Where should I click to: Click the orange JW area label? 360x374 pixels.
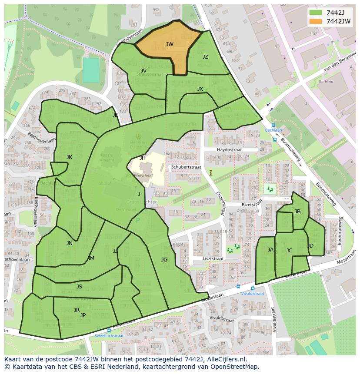170,44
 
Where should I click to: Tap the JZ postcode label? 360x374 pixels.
205,57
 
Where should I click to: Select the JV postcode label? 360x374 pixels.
143,70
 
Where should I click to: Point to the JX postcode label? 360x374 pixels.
200,89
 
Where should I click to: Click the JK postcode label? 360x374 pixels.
69,157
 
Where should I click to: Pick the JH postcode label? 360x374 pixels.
143,158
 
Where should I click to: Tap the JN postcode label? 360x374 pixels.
70,243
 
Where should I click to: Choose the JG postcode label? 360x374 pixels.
164,260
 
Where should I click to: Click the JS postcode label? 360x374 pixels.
79,287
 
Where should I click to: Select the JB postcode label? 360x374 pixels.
297,212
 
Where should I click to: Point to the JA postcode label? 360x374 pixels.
270,250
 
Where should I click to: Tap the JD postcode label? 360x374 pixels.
310,246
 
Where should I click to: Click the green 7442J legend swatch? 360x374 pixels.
316,13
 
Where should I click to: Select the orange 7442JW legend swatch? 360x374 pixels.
316,21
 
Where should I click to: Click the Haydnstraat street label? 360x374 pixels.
230,149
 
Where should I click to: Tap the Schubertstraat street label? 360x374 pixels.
186,167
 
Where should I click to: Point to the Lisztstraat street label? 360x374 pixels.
213,258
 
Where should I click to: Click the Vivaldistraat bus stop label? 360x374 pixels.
253,293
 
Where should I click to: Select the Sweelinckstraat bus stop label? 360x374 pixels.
109,335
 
